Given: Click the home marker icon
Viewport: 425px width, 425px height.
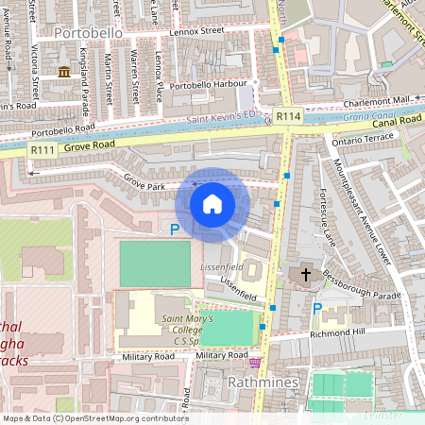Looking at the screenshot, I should click(212, 204).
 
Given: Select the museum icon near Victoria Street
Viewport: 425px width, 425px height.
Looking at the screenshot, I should click(63, 73).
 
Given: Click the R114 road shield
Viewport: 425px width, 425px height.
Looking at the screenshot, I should click(288, 116).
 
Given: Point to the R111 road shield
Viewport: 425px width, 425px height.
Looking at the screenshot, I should click(42, 149).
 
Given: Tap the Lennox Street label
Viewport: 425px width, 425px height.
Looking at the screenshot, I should click(196, 31).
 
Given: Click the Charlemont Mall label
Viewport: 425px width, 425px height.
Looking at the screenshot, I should click(378, 99).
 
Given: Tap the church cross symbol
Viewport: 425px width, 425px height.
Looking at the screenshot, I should click(305, 275).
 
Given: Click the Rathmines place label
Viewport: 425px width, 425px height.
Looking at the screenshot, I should click(263, 382).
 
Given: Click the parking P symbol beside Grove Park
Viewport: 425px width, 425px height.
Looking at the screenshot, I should click(174, 229).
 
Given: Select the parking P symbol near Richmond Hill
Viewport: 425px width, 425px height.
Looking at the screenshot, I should click(317, 309).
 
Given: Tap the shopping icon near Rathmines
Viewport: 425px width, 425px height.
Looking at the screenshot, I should click(254, 362).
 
